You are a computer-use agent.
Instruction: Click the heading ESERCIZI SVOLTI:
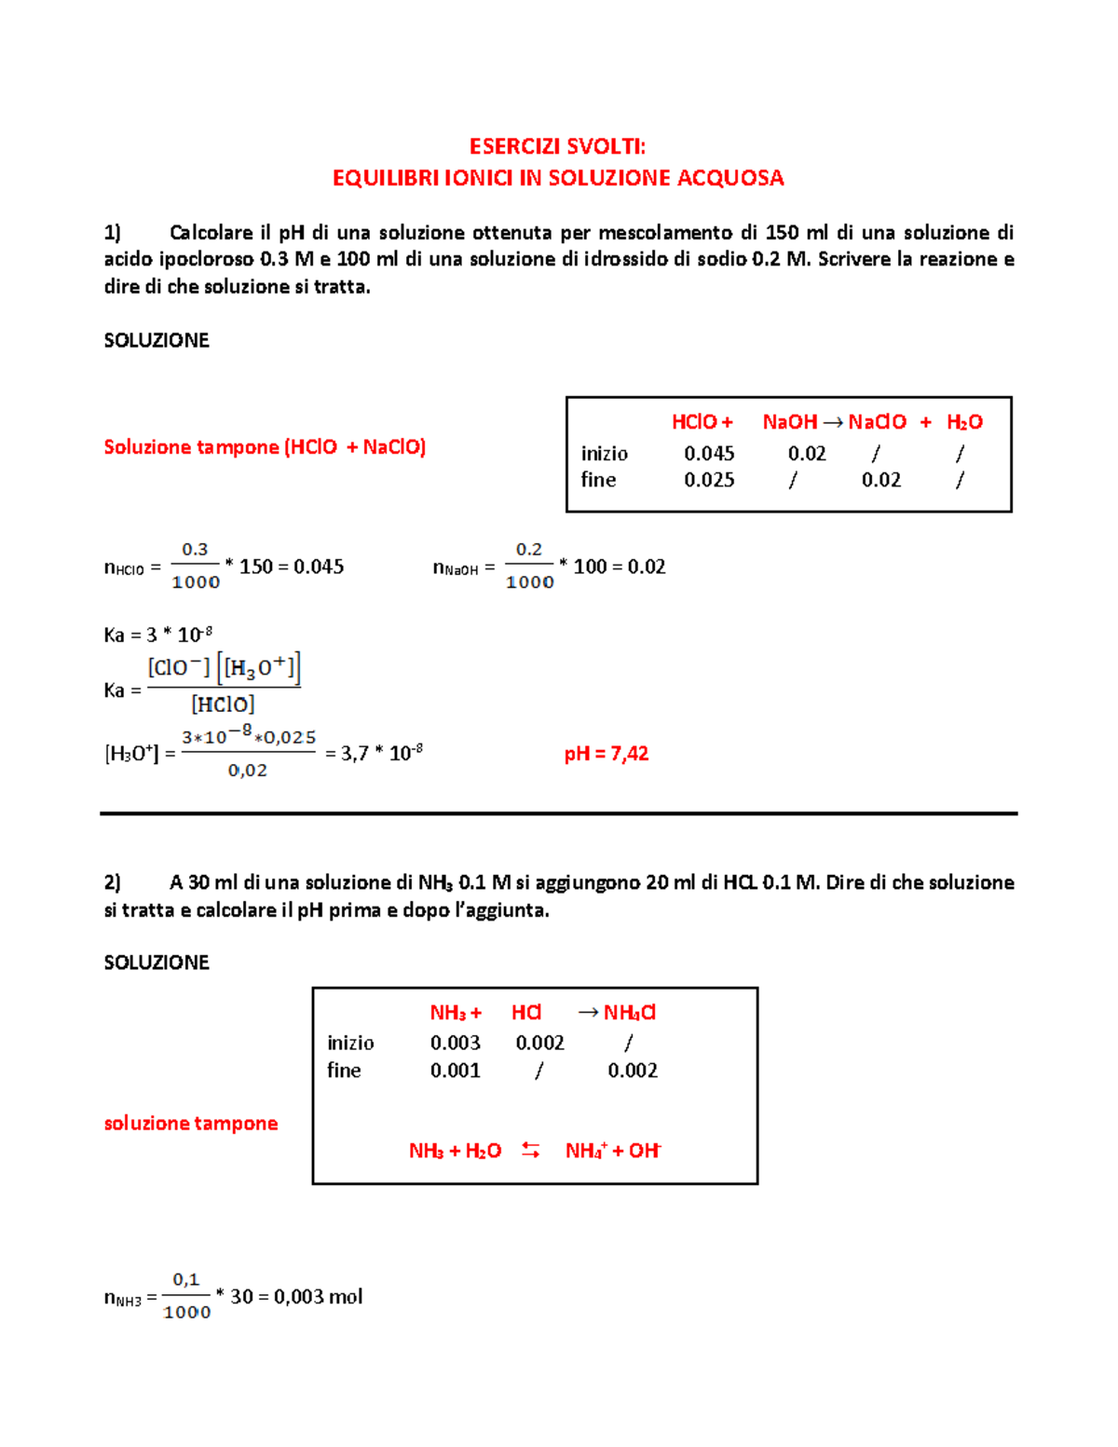pos(557,146)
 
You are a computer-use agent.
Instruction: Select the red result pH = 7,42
pos(606,754)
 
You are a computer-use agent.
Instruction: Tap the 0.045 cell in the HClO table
pos(709,454)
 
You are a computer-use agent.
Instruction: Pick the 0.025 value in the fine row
pos(709,480)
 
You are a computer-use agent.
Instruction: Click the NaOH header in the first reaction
pos(789,422)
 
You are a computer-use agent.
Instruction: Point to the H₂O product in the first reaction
pos(964,422)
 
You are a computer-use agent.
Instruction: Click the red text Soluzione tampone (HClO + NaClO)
pos(265,447)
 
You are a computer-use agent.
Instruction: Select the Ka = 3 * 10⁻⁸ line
pos(158,635)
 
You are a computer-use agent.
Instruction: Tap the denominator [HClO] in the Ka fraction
pos(223,705)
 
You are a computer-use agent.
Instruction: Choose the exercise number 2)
pos(112,882)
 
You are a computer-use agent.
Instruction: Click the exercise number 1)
pos(112,232)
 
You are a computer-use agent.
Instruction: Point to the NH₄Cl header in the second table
pos(629,1013)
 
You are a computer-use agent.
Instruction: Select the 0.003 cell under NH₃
pos(455,1043)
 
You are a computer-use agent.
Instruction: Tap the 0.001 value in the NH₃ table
pos(455,1071)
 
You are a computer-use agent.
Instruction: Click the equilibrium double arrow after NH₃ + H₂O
pos(531,1151)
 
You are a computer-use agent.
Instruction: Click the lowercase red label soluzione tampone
pos(191,1124)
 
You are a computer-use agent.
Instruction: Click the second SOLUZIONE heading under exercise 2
pos(157,962)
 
